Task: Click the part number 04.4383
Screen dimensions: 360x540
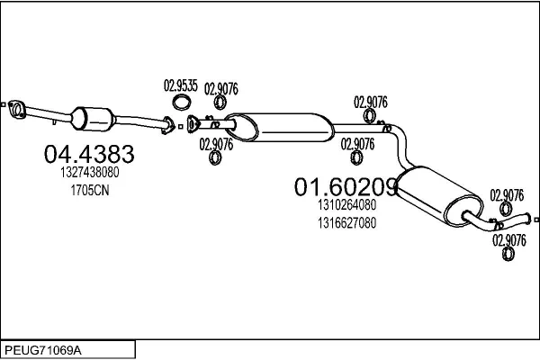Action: (89, 154)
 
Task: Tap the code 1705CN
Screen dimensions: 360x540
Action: (89, 191)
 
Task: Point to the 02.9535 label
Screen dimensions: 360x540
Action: (180, 86)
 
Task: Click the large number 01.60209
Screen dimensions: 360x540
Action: (346, 187)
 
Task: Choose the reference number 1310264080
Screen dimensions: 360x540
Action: (346, 205)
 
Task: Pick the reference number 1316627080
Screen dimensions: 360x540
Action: (346, 222)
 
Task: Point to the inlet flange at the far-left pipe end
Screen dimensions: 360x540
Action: (14, 110)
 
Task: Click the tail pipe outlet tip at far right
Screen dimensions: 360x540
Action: (533, 219)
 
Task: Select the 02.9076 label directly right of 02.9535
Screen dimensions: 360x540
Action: (220, 88)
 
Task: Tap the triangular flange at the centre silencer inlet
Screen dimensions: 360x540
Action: (193, 123)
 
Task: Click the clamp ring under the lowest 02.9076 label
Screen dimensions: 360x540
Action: (508, 255)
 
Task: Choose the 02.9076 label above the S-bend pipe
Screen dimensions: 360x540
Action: (370, 102)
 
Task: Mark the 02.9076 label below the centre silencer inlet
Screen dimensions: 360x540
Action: (216, 143)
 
